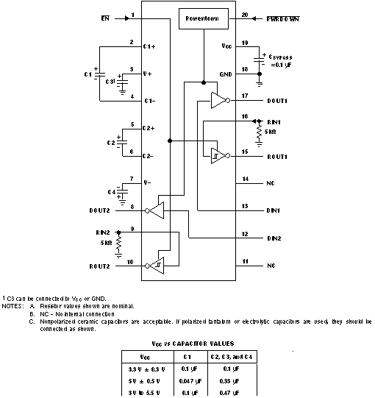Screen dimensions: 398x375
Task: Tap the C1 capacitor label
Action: pos(89,75)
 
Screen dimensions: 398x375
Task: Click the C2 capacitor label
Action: pos(111,141)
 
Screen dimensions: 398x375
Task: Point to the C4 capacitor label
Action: pos(112,192)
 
